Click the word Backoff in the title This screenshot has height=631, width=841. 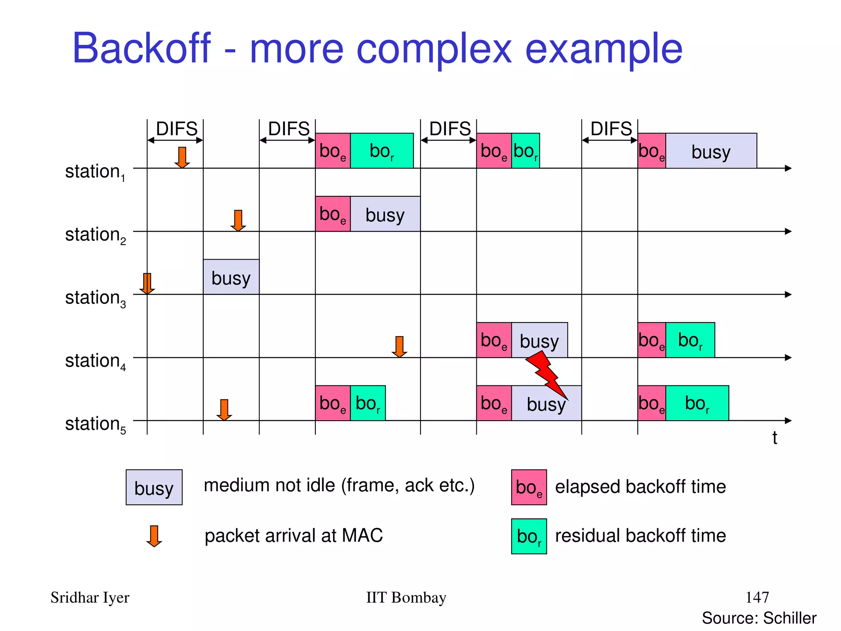(x=141, y=48)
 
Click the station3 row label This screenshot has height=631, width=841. (x=95, y=298)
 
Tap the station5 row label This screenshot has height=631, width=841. (x=95, y=424)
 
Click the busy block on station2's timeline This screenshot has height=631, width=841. (x=385, y=214)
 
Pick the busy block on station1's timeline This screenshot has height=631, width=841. (x=711, y=151)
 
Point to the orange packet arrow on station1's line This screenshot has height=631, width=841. (x=182, y=157)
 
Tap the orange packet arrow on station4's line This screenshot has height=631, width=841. (x=399, y=346)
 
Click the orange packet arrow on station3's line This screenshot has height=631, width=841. (x=147, y=283)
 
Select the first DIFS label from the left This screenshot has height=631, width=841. (x=177, y=129)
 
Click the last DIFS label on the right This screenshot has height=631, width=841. (x=611, y=129)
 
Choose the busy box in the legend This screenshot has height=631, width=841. (x=154, y=487)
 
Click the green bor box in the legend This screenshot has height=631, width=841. (x=528, y=536)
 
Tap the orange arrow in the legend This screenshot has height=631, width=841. (x=154, y=536)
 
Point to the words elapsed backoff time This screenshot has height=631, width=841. (x=640, y=487)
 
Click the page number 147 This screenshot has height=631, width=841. (x=757, y=597)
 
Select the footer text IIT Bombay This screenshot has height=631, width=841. (x=406, y=597)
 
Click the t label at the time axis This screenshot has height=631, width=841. (x=774, y=438)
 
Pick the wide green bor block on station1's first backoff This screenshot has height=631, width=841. (x=381, y=151)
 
